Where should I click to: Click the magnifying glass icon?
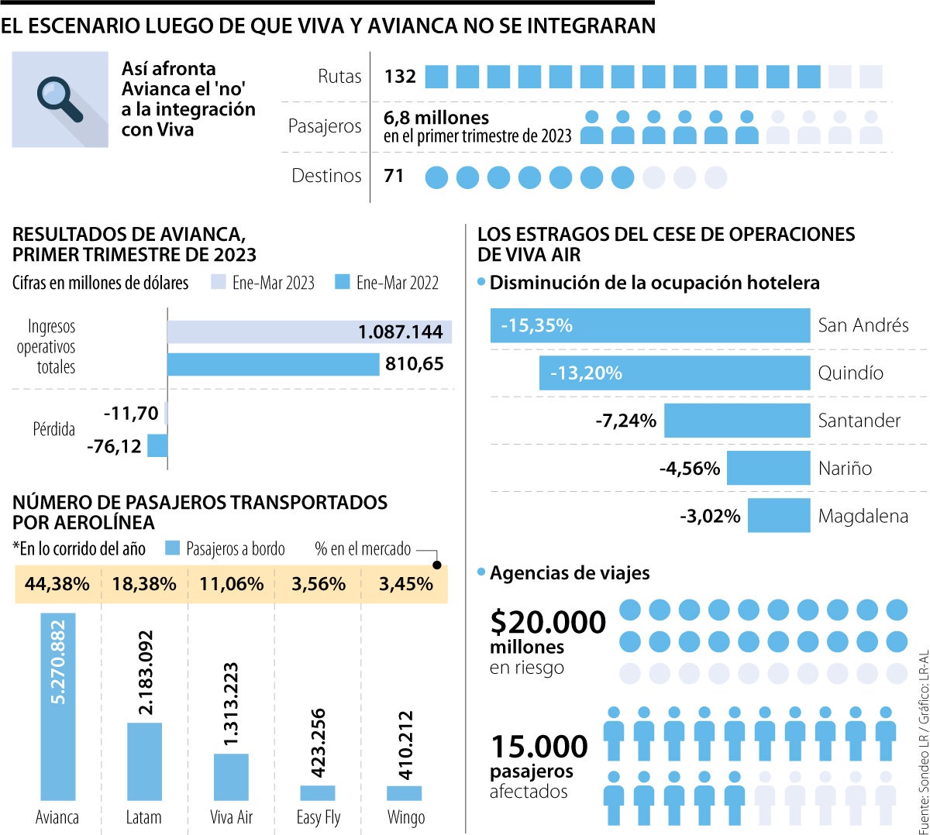(60, 99)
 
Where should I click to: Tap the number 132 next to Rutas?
(400, 76)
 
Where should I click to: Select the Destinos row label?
(326, 176)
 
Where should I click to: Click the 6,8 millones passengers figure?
(436, 118)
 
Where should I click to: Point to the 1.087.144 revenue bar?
(308, 332)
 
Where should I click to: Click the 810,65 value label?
(414, 364)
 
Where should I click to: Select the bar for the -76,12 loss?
(157, 446)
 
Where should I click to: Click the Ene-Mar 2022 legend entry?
(387, 283)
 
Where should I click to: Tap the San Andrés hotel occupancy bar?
(649, 325)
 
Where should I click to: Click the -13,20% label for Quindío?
(586, 373)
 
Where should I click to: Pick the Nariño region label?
(845, 469)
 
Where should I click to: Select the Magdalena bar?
(779, 516)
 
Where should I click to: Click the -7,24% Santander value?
(625, 421)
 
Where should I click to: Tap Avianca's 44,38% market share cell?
(57, 584)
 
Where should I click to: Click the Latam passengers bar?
(144, 761)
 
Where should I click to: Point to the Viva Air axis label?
(231, 817)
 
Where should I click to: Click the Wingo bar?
(405, 793)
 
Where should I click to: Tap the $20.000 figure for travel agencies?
(548, 623)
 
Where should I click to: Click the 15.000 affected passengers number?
(539, 747)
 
